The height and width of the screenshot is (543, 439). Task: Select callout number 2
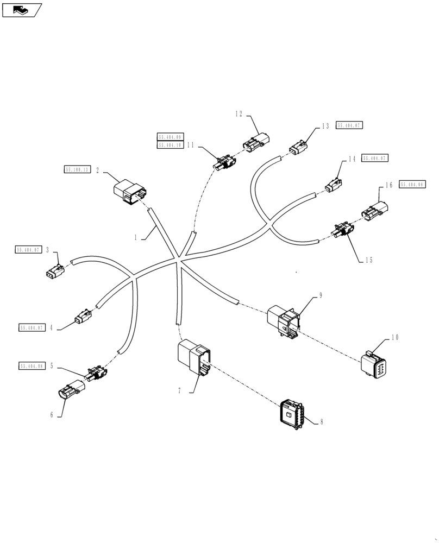(x=97, y=170)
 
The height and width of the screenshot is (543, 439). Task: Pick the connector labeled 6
(x=68, y=391)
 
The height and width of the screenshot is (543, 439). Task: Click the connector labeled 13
(x=298, y=147)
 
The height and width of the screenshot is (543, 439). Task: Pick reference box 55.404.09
(x=170, y=137)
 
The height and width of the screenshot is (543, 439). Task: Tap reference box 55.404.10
(x=170, y=145)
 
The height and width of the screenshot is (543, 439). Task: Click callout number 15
(x=369, y=260)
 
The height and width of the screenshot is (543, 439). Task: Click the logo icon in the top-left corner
(x=22, y=9)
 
